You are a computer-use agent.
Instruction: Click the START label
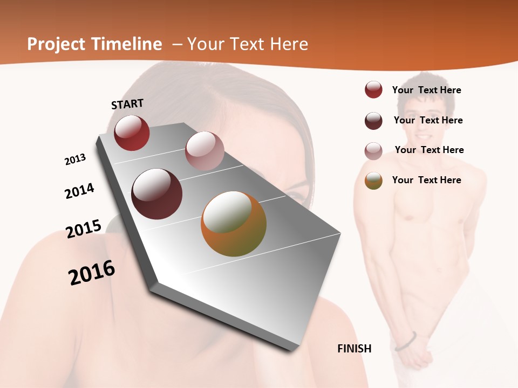click(x=127, y=104)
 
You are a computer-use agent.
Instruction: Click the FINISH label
click(x=355, y=349)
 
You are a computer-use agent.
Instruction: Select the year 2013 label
click(x=75, y=160)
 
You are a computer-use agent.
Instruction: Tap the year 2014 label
click(x=80, y=191)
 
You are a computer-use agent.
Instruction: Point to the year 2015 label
click(x=84, y=229)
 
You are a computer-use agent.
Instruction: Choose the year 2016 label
click(x=92, y=273)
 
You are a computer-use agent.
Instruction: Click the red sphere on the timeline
click(x=132, y=133)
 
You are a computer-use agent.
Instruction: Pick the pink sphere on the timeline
click(x=205, y=151)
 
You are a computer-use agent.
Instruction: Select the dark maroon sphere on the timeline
click(x=157, y=194)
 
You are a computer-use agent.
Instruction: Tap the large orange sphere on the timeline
click(x=234, y=224)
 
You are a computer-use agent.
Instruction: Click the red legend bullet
click(x=373, y=89)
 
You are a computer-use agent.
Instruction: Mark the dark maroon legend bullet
click(x=373, y=121)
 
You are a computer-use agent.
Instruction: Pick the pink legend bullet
click(x=373, y=151)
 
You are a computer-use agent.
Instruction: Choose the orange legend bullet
click(x=373, y=181)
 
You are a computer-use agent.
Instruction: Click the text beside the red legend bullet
click(x=426, y=90)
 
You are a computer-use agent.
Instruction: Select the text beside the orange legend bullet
click(x=426, y=180)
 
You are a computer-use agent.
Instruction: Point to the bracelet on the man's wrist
click(x=406, y=341)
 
